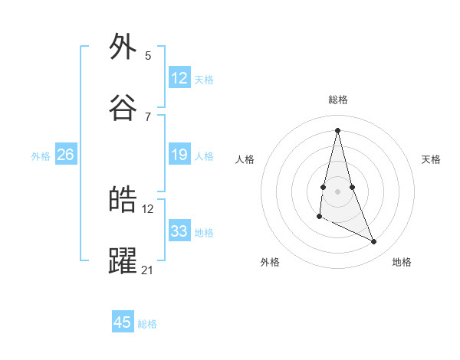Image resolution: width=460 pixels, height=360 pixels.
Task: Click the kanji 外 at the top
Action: coord(123,47)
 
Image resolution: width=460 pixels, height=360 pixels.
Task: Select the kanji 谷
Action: coord(123,108)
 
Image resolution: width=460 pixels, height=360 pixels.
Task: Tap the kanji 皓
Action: coord(123,200)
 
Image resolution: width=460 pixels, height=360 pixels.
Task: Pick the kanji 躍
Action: coord(123,261)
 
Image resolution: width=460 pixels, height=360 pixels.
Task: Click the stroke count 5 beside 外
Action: coord(148,55)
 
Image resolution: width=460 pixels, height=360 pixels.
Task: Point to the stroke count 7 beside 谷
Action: coord(148,116)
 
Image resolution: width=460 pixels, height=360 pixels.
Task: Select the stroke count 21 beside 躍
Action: coord(148,270)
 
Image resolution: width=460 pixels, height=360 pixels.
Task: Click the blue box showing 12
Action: coord(179,78)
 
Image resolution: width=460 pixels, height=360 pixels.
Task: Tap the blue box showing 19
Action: coord(179,155)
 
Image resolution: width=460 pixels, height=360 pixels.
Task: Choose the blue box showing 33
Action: coord(179,231)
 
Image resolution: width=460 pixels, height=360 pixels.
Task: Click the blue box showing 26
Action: coord(65,155)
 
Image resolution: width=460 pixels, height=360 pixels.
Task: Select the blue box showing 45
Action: coord(123,322)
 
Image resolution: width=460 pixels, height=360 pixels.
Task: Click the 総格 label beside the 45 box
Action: coord(147,324)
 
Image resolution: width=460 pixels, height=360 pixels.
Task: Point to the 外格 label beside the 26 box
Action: coord(41,156)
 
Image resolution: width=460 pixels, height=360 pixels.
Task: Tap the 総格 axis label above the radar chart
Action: coord(338,100)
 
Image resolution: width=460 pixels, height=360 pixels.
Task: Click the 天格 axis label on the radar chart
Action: coord(431,159)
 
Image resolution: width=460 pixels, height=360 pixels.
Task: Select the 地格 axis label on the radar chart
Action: coord(402,262)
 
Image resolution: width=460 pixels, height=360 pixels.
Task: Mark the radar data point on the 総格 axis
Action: coord(337,129)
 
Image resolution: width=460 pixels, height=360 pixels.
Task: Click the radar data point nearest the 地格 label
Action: coord(374,242)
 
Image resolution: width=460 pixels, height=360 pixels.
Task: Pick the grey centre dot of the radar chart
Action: coord(337,191)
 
